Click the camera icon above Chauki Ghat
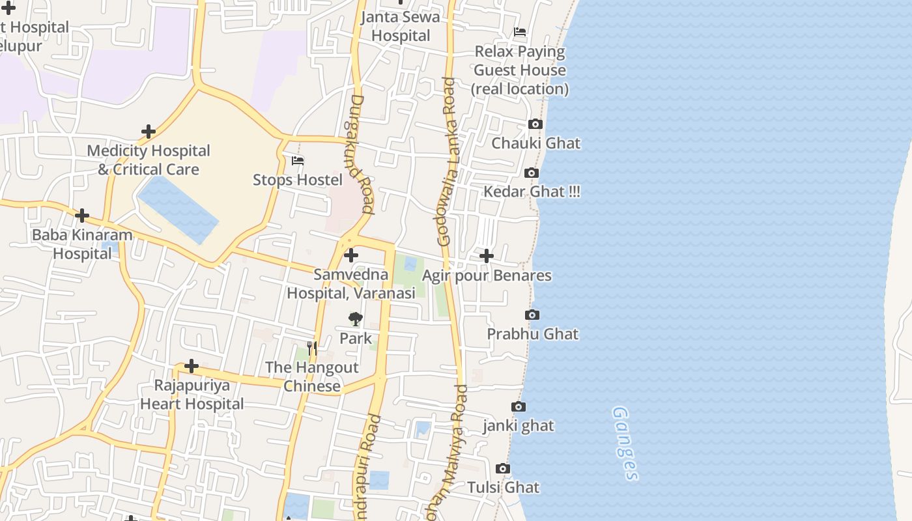pos(535,124)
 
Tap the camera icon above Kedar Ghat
pos(532,173)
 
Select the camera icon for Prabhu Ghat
pos(532,315)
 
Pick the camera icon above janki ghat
pos(519,407)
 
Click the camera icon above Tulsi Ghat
pos(503,469)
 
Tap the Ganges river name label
pos(624,443)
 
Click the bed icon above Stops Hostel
pos(298,161)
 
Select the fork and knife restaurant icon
pos(312,348)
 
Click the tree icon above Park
pos(355,319)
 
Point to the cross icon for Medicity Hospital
pos(149,132)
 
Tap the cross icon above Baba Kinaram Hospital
pos(82,216)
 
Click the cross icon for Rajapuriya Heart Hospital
pos(192,366)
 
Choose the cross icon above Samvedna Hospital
pos(351,255)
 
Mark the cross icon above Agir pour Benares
pos(487,257)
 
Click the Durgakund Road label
pos(359,154)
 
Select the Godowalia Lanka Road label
pos(448,162)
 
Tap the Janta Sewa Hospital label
pos(401,26)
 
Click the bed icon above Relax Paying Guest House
pos(520,32)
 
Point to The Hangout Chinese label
pos(312,376)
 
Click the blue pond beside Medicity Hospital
pos(178,208)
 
